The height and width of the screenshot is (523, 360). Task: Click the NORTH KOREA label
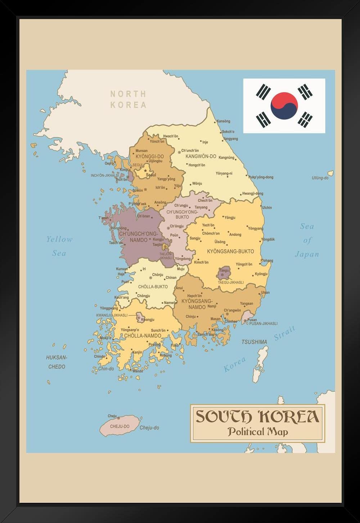click(x=128, y=99)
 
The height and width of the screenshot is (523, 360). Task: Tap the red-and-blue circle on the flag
click(x=284, y=106)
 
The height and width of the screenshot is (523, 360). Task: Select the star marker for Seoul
click(x=145, y=170)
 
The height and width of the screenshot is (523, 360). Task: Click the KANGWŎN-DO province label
click(x=201, y=156)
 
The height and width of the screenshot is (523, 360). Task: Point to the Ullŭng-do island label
click(x=320, y=178)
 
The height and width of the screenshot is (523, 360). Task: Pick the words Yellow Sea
click(x=59, y=246)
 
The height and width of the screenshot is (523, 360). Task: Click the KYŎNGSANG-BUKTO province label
click(x=230, y=251)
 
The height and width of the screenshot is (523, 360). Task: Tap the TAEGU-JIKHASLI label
click(x=231, y=282)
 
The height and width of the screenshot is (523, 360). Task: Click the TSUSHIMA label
click(x=254, y=342)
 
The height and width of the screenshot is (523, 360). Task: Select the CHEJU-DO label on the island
click(x=120, y=426)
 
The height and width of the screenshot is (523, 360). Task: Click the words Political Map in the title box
click(x=257, y=431)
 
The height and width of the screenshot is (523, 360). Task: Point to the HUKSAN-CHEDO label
click(x=57, y=362)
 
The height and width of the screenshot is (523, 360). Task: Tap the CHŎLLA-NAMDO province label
click(x=143, y=336)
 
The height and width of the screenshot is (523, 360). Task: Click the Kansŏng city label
click(x=223, y=121)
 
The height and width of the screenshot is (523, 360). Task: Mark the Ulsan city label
click(x=265, y=292)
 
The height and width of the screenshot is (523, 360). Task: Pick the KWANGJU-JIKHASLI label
click(x=112, y=315)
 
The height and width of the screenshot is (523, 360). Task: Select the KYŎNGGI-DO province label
click(x=150, y=156)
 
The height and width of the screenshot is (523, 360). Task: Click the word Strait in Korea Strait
click(x=284, y=333)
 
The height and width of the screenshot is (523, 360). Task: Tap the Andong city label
click(x=235, y=235)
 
